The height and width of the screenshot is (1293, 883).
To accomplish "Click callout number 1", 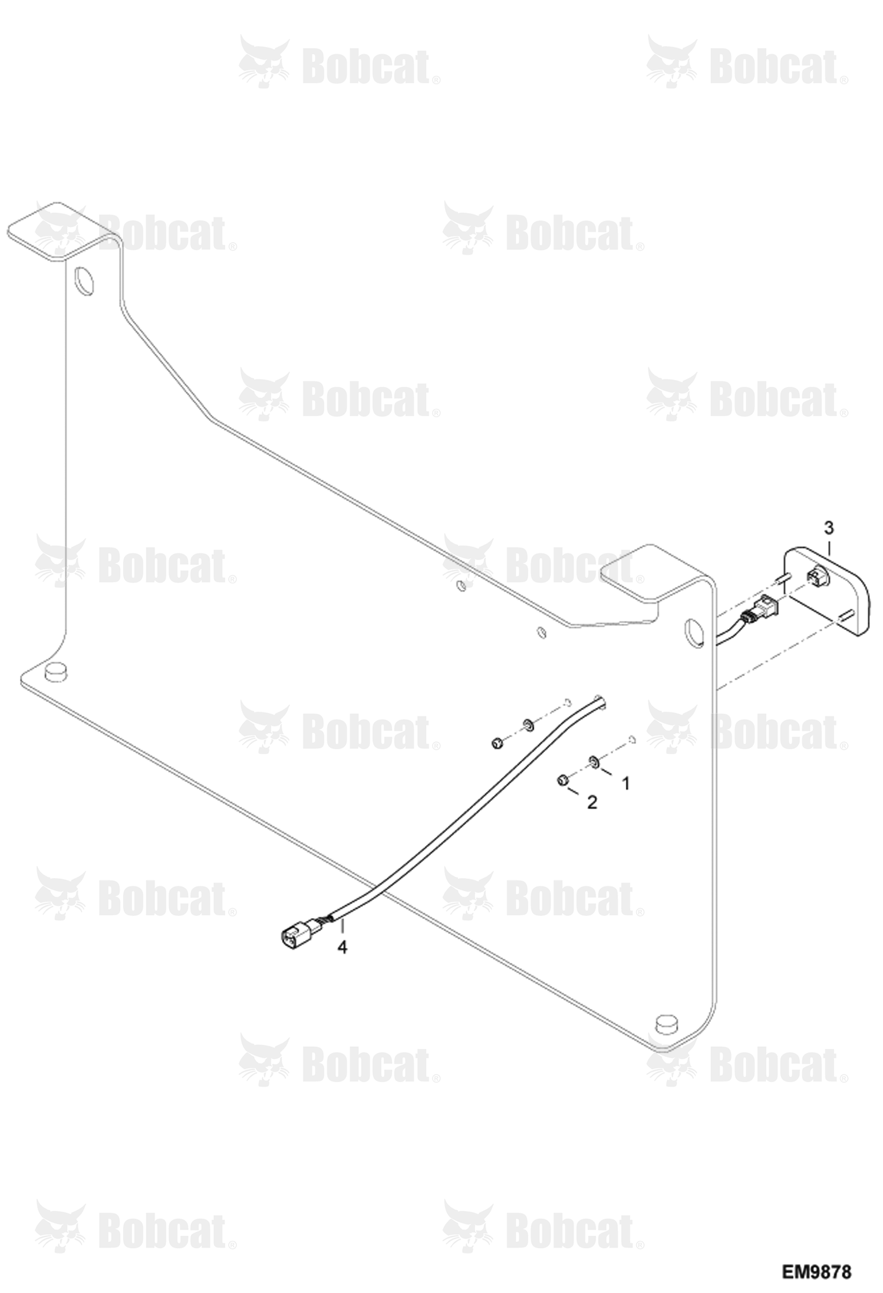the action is (x=626, y=783).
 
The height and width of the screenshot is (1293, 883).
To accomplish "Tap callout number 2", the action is (x=592, y=802).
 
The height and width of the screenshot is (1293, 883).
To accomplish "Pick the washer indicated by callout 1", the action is (x=594, y=761).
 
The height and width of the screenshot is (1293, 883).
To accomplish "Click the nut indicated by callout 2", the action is (x=562, y=780).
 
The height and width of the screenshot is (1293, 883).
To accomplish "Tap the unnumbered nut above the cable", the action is (x=497, y=743).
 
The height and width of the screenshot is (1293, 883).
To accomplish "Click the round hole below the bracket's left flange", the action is (x=84, y=282).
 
